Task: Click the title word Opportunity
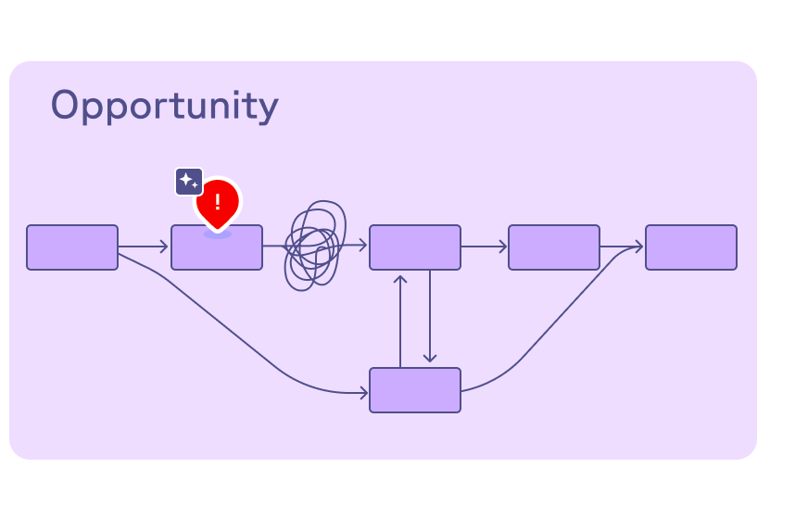[164, 106]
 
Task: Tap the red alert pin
[218, 201]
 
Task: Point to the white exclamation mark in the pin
[218, 202]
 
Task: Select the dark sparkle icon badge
[189, 181]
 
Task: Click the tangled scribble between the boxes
[313, 246]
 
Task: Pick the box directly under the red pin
[217, 250]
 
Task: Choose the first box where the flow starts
[72, 247]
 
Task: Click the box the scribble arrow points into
[415, 247]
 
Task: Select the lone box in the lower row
[415, 390]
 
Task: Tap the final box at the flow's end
[691, 247]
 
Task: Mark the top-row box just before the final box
[554, 247]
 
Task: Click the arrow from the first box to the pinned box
[144, 247]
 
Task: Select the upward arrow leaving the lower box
[400, 320]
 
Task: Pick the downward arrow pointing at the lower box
[430, 320]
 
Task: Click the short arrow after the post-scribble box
[484, 247]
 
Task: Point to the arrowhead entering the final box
[638, 247]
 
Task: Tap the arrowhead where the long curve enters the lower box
[363, 393]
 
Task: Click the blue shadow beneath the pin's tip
[218, 234]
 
